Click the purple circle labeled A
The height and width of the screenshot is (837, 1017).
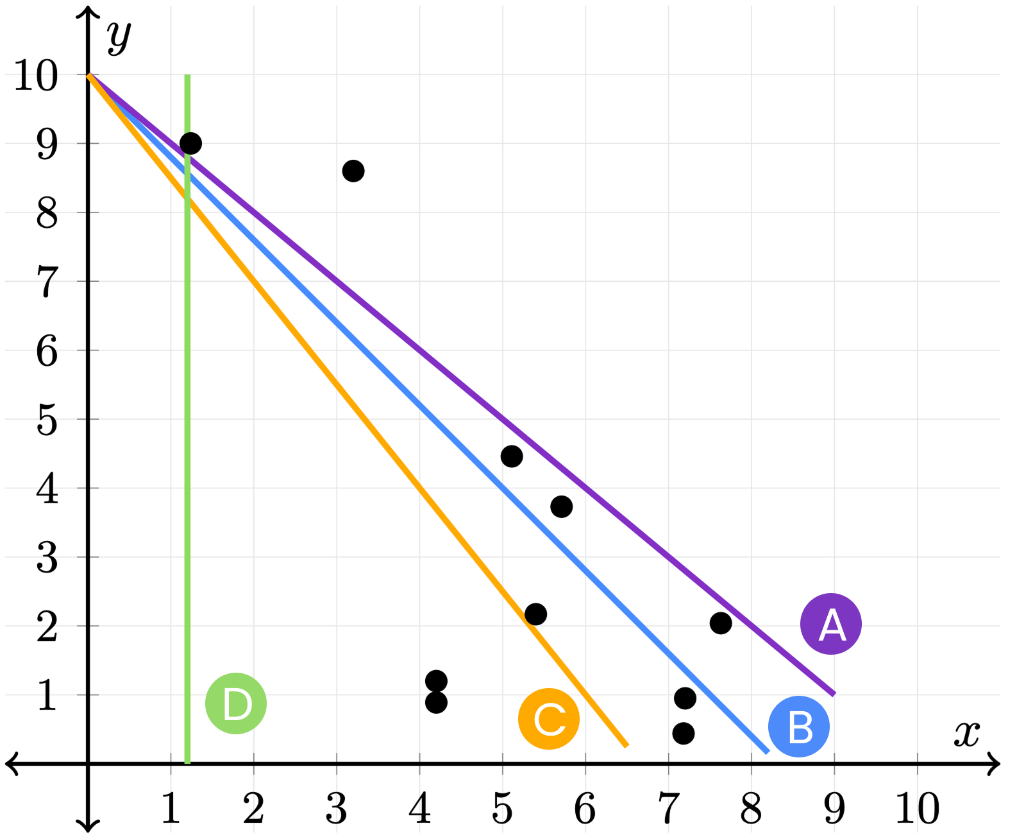[x=830, y=623]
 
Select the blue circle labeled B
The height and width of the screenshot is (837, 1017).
[x=798, y=726]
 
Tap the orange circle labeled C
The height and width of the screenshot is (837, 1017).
[x=548, y=718]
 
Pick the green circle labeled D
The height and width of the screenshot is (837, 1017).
[x=236, y=703]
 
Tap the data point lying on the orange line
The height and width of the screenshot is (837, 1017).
[x=535, y=614]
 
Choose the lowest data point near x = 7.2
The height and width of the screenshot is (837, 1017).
[x=684, y=733]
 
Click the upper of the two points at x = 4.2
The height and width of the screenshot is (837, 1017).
[x=436, y=680]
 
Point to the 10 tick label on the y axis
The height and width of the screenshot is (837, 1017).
[x=35, y=76]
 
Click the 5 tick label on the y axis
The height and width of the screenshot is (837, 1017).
[x=46, y=421]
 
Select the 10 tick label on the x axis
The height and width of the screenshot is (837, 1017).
[x=917, y=808]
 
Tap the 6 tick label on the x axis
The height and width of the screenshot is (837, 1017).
[x=585, y=808]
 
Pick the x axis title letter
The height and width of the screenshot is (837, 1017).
[x=966, y=733]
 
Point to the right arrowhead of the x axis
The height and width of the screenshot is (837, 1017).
[x=994, y=763]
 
